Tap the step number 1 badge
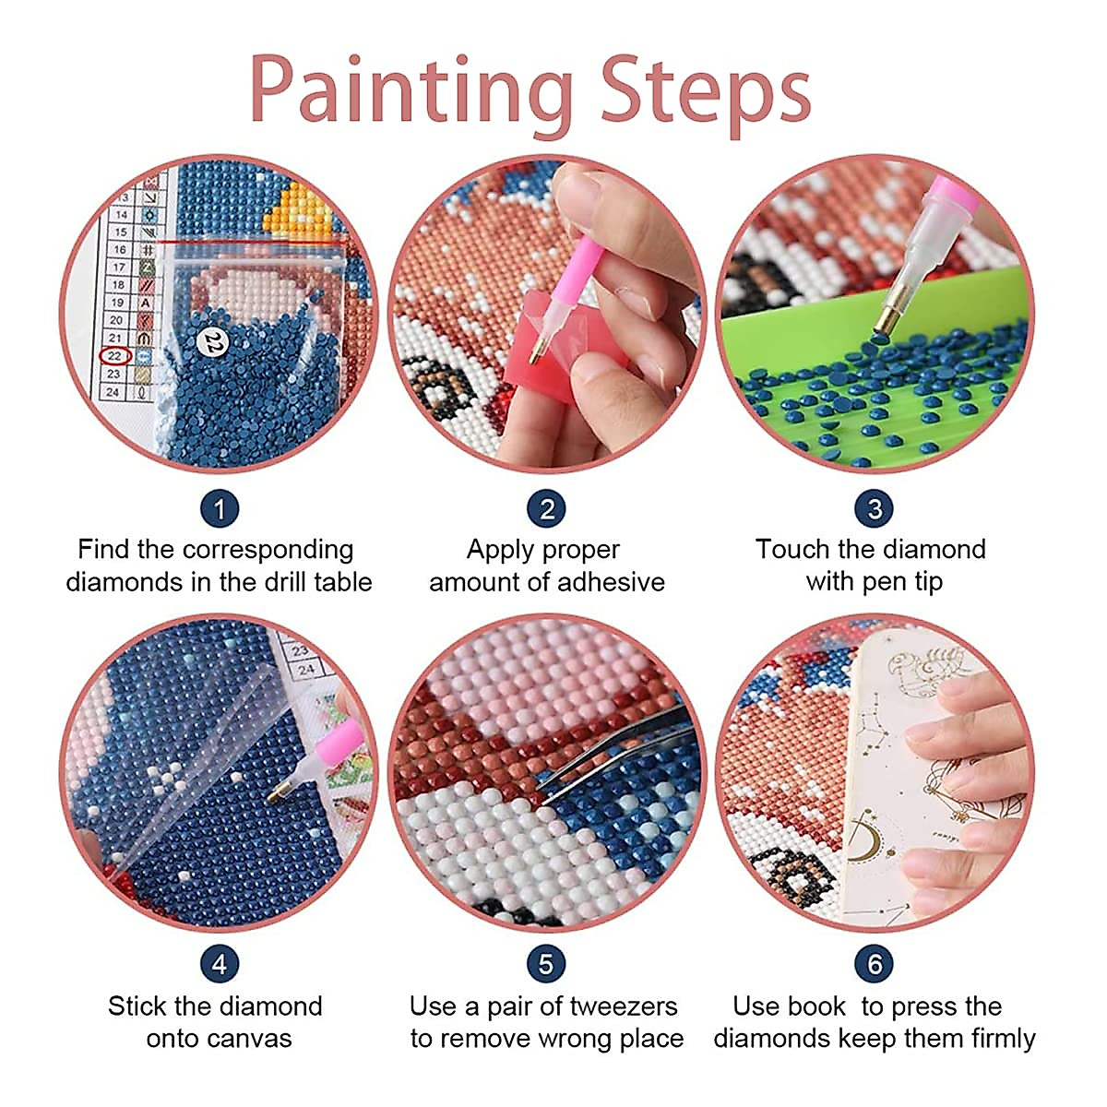(x=220, y=508)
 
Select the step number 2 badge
(x=546, y=508)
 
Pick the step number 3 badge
(x=875, y=508)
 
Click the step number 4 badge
(x=220, y=965)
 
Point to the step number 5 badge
(x=546, y=965)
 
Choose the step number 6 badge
(x=875, y=965)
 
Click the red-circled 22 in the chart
(x=115, y=356)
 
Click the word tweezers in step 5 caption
(x=623, y=1006)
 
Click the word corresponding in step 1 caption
(x=268, y=550)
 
